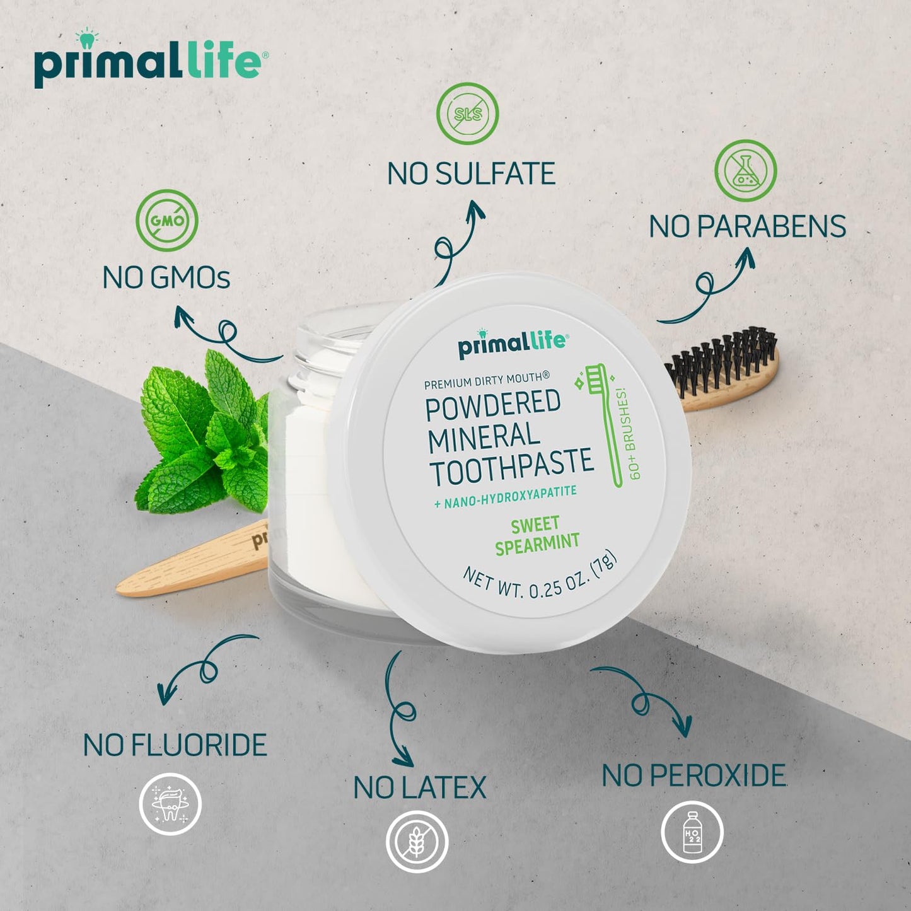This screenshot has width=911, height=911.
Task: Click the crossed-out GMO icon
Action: pos(167,220)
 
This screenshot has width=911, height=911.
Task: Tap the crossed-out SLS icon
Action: pos(468,113)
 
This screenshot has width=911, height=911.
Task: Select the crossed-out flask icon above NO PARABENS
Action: pos(745,171)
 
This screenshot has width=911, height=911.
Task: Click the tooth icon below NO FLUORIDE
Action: pos(170,804)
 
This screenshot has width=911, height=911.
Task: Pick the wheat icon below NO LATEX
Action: pos(417,842)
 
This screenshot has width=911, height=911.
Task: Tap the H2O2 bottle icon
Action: pos(692,832)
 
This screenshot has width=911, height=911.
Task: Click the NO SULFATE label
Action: pos(471,174)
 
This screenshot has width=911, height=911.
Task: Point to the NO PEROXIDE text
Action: pos(693,775)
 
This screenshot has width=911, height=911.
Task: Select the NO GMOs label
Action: pos(166,278)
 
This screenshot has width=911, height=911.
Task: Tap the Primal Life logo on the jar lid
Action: pos(513,344)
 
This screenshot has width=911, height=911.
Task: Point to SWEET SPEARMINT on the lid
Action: pos(536,536)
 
